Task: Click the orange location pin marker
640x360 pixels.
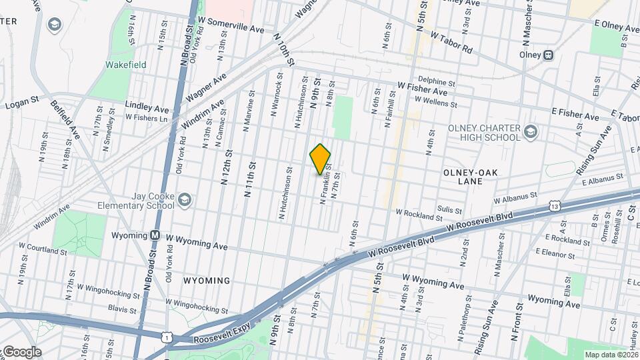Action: tap(320, 159)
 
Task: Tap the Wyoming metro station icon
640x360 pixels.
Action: tap(155, 235)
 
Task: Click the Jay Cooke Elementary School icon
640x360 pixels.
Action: tap(185, 199)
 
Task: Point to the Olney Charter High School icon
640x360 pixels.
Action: tap(531, 131)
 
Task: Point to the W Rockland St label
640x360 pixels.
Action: tap(419, 214)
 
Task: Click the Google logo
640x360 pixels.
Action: tap(21, 351)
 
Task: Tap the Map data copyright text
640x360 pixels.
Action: tap(610, 355)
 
